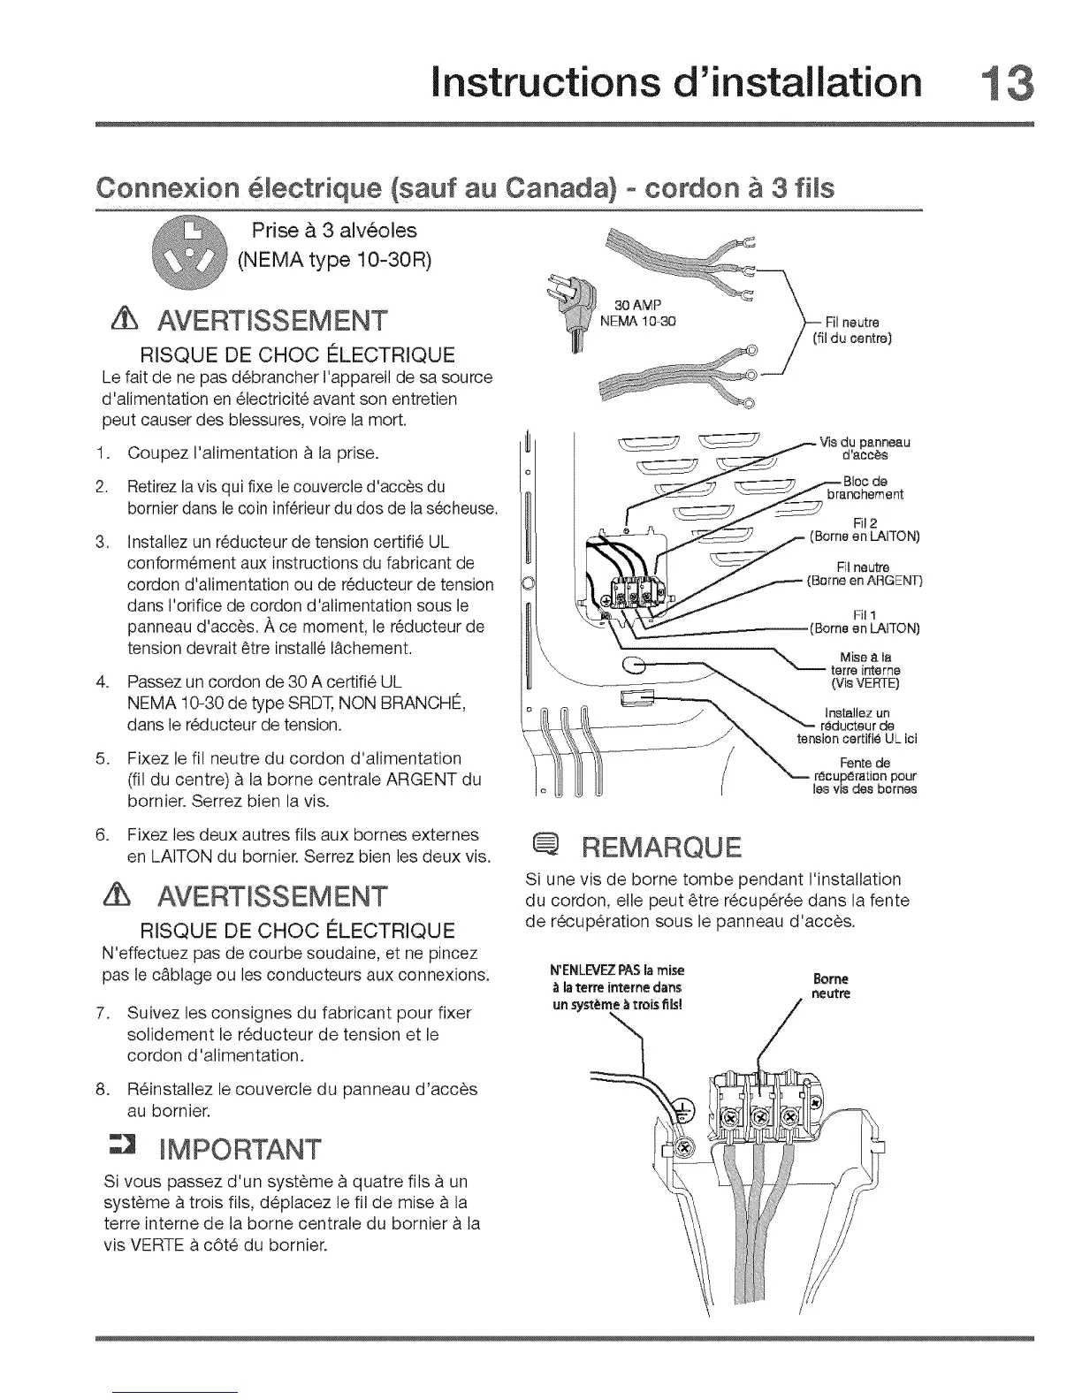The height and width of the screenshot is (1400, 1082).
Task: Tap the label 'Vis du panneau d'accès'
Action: [x=865, y=449]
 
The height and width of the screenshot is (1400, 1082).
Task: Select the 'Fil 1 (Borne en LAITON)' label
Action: [x=865, y=622]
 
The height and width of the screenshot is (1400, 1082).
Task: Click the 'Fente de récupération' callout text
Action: [x=865, y=776]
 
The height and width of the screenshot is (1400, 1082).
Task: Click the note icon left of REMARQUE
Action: [x=540, y=848]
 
